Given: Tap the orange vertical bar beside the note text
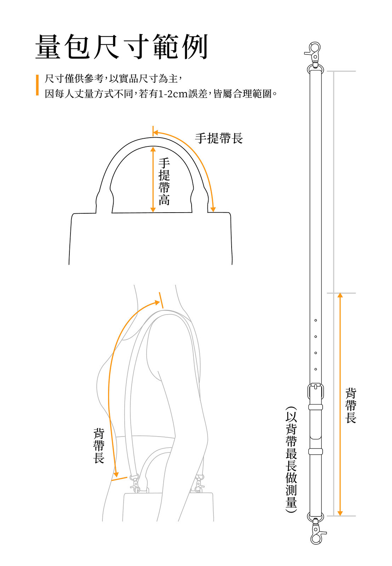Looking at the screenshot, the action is (37, 85).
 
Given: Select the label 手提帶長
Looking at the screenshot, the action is (218, 138).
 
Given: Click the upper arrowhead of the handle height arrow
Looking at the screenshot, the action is (153, 150).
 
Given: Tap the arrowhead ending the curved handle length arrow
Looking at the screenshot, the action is (213, 209).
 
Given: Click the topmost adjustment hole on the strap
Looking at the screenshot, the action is (316, 320).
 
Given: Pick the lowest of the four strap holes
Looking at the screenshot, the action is (316, 369).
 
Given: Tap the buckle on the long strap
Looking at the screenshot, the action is (316, 391).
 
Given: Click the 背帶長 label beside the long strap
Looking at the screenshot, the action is (351, 405).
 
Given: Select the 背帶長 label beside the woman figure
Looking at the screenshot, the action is (99, 445).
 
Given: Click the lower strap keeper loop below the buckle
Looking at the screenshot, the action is (316, 451).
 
